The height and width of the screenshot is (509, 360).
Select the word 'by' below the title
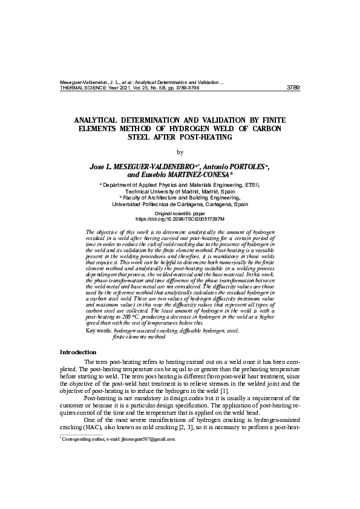(x=180, y=152)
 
